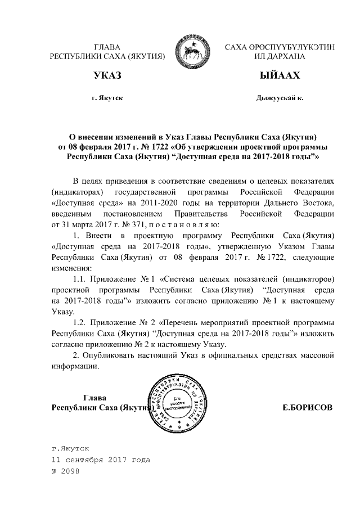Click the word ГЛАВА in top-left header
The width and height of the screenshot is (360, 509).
(107, 47)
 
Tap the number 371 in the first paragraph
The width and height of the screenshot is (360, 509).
(134, 224)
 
